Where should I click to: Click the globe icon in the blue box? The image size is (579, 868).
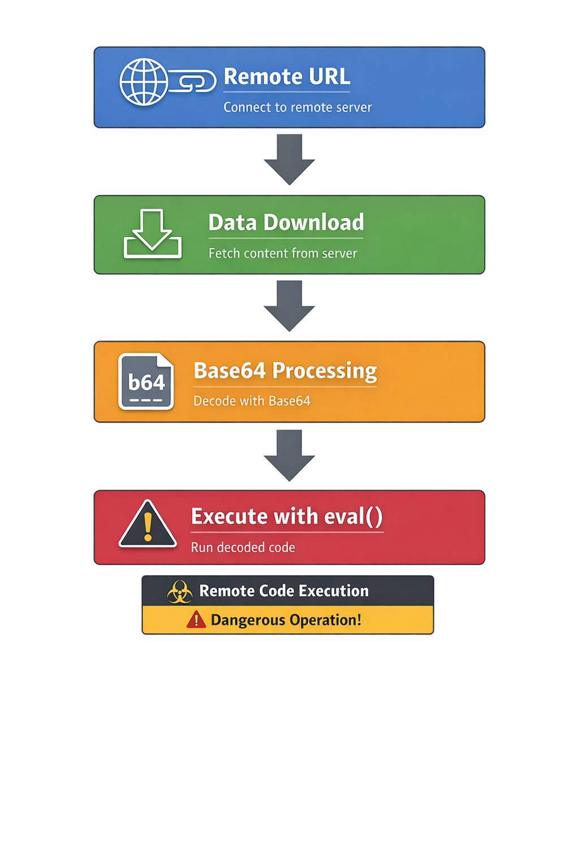(144, 82)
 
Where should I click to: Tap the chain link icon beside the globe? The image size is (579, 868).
(193, 81)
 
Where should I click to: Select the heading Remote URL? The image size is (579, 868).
(287, 77)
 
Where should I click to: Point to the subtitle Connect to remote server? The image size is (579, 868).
(297, 107)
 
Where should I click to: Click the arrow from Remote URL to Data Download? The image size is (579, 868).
(289, 159)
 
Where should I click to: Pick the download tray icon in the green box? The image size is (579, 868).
(152, 234)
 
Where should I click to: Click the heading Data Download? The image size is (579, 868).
(286, 223)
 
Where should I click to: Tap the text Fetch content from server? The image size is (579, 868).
(283, 253)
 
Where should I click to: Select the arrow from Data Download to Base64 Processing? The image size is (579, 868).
(289, 306)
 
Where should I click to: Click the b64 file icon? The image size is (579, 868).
(146, 381)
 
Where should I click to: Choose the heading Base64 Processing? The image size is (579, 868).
(285, 371)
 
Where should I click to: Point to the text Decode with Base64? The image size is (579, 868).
(252, 401)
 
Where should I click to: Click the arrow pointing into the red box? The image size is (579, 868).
(289, 455)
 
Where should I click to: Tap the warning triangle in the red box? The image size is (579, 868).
(148, 526)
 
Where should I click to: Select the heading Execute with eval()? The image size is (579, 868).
(287, 517)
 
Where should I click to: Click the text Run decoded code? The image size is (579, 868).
(243, 548)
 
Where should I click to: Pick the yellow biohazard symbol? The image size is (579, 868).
(180, 592)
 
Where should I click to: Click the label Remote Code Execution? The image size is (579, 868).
(284, 591)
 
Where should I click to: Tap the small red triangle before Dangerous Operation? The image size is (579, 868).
(196, 620)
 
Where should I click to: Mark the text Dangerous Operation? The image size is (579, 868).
(286, 620)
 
